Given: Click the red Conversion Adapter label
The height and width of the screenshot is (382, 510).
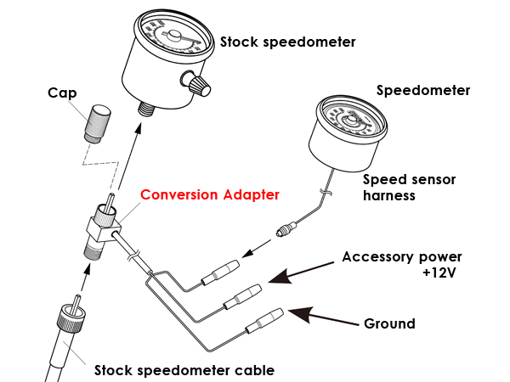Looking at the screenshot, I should tap(209, 195).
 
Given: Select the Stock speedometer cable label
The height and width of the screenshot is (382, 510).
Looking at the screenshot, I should tap(184, 370).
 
